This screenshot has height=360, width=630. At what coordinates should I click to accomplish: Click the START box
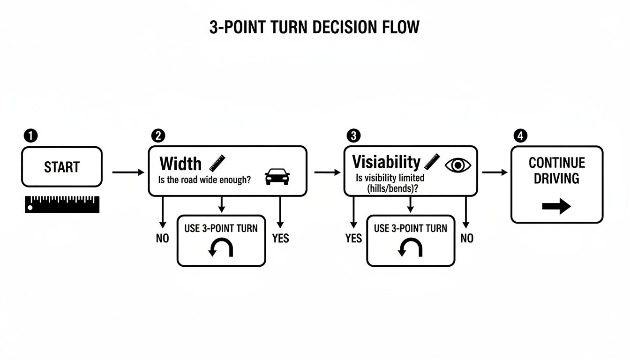[61, 167]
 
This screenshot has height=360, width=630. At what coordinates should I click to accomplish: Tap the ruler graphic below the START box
[62, 204]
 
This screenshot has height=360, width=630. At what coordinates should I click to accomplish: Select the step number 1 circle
[30, 136]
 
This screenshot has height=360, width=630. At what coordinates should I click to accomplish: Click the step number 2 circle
[158, 136]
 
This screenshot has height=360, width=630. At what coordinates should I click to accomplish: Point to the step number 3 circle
[353, 136]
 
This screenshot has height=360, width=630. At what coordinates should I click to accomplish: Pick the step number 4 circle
[520, 136]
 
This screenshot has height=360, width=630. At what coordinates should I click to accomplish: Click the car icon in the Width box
[277, 177]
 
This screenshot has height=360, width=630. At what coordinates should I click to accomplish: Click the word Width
[180, 164]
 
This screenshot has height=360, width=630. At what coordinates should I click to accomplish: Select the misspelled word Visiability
[386, 162]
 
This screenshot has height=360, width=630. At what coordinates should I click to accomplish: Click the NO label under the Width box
[162, 239]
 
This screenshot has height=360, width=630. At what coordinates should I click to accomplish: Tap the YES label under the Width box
[280, 239]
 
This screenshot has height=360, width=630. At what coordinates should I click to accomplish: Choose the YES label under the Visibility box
[353, 239]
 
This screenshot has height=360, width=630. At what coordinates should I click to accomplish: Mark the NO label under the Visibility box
[467, 239]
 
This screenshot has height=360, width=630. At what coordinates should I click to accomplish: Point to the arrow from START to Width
[128, 172]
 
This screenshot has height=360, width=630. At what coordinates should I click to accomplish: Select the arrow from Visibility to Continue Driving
[495, 172]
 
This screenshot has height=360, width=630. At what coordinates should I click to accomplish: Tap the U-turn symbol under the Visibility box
[411, 248]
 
